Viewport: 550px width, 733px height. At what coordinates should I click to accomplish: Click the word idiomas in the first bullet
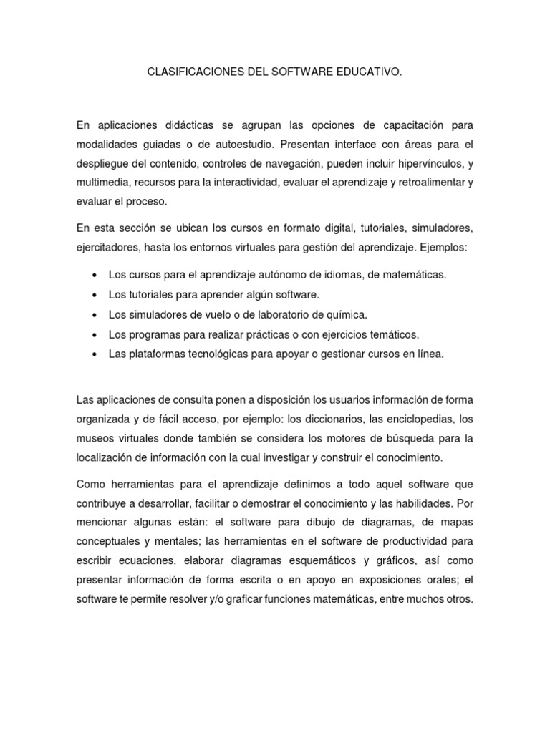click(337, 274)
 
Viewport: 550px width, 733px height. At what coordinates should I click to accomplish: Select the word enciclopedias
click(418, 419)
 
